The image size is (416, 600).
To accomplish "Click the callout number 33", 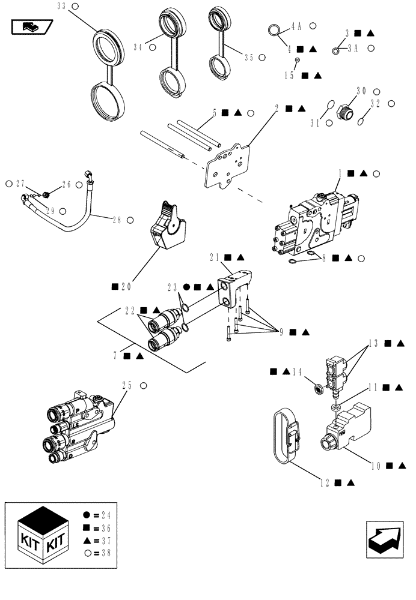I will pos(61,7).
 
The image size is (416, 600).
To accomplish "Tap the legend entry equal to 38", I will pos(97,553).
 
